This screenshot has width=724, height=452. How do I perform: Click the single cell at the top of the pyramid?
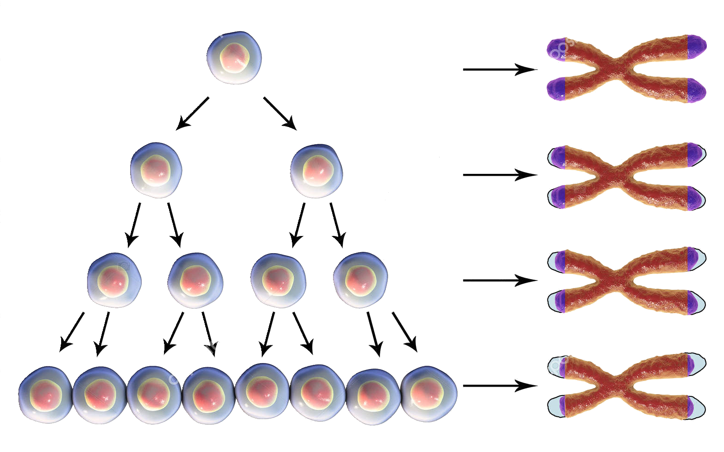234,58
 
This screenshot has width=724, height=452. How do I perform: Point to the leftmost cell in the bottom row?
45,395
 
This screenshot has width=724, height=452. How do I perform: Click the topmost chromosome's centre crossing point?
616,70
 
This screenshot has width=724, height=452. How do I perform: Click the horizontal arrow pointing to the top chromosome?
500,70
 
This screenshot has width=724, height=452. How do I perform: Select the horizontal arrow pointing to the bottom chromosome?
500,386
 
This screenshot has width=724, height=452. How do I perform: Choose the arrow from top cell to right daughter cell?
281,113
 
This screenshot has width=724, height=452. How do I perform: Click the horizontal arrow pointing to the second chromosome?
500,175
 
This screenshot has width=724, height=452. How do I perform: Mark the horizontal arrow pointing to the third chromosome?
500,280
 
